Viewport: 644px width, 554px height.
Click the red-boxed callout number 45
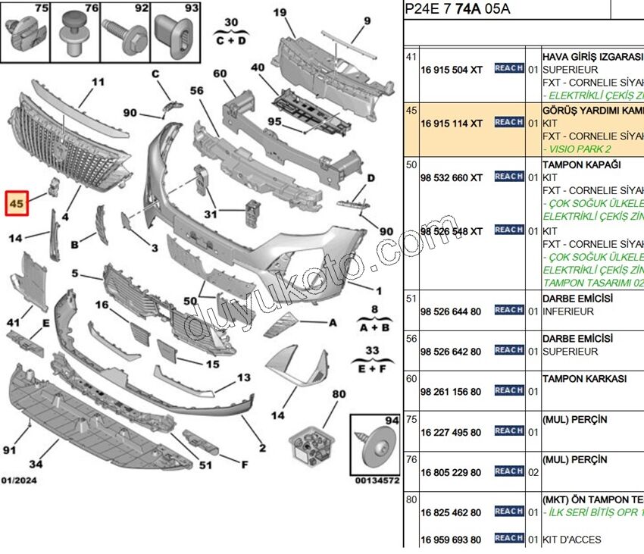pyautogui.click(x=17, y=204)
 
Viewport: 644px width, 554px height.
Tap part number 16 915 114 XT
pyautogui.click(x=451, y=123)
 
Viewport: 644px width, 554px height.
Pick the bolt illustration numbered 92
pyautogui.click(x=129, y=35)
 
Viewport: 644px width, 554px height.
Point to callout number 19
pyautogui.click(x=279, y=12)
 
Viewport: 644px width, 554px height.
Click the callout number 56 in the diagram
pyautogui.click(x=197, y=90)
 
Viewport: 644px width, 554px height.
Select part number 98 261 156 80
pyautogui.click(x=451, y=391)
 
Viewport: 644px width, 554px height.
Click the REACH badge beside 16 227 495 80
pyautogui.click(x=509, y=430)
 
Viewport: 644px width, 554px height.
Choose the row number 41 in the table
pyautogui.click(x=411, y=57)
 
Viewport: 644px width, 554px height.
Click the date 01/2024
pyautogui.click(x=19, y=480)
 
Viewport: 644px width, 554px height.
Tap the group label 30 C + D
pyautogui.click(x=231, y=31)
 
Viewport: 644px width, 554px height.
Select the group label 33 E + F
pyautogui.click(x=371, y=357)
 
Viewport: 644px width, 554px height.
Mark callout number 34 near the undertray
pyautogui.click(x=36, y=464)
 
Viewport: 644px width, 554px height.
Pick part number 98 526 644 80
pyautogui.click(x=451, y=311)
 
